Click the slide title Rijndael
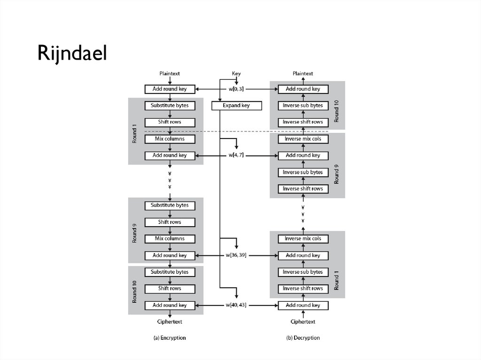[x=72, y=54]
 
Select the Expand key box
[x=236, y=106]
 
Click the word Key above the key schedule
[x=237, y=74]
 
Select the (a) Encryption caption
[x=170, y=337]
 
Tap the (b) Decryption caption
[x=303, y=337]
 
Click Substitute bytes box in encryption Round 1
[x=170, y=106]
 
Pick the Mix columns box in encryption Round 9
[x=170, y=238]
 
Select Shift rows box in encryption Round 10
[x=170, y=289]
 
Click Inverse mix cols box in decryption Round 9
[x=303, y=139]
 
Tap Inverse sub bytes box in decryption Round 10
[x=303, y=106]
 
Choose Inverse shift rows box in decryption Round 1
[x=303, y=289]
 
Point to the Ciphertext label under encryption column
[x=170, y=322]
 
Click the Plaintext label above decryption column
[x=303, y=74]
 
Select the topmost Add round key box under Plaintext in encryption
[x=170, y=89]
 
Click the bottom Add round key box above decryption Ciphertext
[x=303, y=306]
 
